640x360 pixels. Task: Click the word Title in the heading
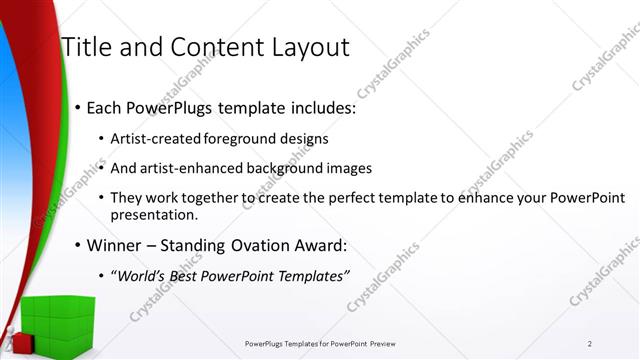pos(86,47)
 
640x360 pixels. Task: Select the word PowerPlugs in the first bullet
pos(169,107)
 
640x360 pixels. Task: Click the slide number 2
pos(590,344)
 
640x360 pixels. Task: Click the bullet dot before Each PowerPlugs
pos(77,108)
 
